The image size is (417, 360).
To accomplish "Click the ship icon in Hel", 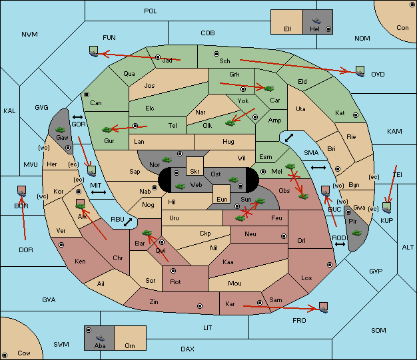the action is (x=316, y=21).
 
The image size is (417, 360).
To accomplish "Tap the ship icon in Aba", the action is (x=101, y=338).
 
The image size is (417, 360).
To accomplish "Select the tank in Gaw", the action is (x=61, y=130).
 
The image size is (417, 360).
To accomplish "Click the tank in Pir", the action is (x=356, y=233).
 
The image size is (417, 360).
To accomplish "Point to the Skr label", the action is (x=195, y=172).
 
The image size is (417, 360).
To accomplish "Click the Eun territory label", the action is (x=222, y=199).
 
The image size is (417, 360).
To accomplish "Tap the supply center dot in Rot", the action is (x=173, y=271).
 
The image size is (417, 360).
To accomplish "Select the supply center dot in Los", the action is (x=330, y=265).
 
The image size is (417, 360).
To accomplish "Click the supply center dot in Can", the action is (x=87, y=94).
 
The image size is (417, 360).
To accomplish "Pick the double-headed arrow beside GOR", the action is (x=78, y=117).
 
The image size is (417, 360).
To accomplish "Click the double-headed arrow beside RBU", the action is (x=128, y=222).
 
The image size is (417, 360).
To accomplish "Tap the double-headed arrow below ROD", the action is (x=340, y=244).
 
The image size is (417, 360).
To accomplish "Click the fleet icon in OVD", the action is (x=360, y=71).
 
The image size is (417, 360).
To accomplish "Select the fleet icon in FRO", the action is (x=323, y=307).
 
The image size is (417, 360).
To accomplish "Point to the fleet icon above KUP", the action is (x=386, y=208).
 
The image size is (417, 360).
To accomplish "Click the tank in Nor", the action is (x=167, y=160).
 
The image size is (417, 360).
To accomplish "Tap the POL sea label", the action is (x=151, y=11).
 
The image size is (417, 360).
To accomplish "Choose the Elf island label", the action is (x=288, y=29).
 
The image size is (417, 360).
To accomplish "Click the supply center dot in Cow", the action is (x=5, y=355).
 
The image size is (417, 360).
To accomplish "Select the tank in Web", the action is (x=180, y=186).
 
